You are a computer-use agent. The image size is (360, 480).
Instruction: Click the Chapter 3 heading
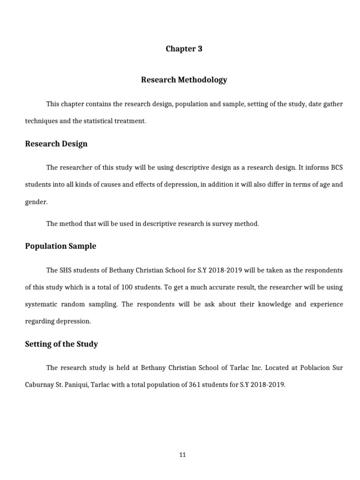point(184,49)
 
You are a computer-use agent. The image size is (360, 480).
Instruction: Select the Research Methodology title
point(184,80)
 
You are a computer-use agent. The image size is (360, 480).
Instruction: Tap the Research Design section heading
point(56,144)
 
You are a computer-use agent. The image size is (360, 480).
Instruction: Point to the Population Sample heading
point(60,246)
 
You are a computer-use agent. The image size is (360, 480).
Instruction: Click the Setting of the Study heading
point(61,344)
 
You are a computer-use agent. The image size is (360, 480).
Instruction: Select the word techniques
point(41,121)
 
